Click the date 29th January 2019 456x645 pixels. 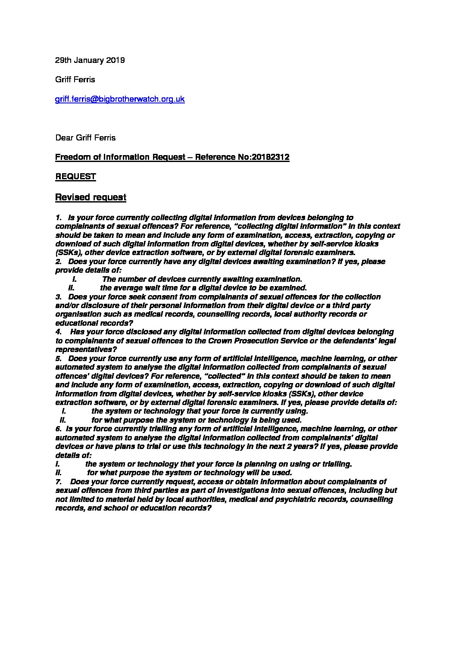pos(90,60)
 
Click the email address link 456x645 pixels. pos(120,99)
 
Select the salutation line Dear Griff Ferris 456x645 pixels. pos(85,138)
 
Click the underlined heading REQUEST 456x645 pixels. pos(75,177)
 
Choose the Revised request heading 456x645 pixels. pos(91,197)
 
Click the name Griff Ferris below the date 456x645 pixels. pos(75,80)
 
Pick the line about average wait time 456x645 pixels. pos(203,288)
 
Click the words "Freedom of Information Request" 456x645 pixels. pos(120,157)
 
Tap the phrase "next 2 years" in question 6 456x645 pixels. pos(294,446)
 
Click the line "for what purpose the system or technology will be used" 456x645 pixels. pos(189,473)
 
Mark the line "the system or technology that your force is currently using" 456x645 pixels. pos(200,411)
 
